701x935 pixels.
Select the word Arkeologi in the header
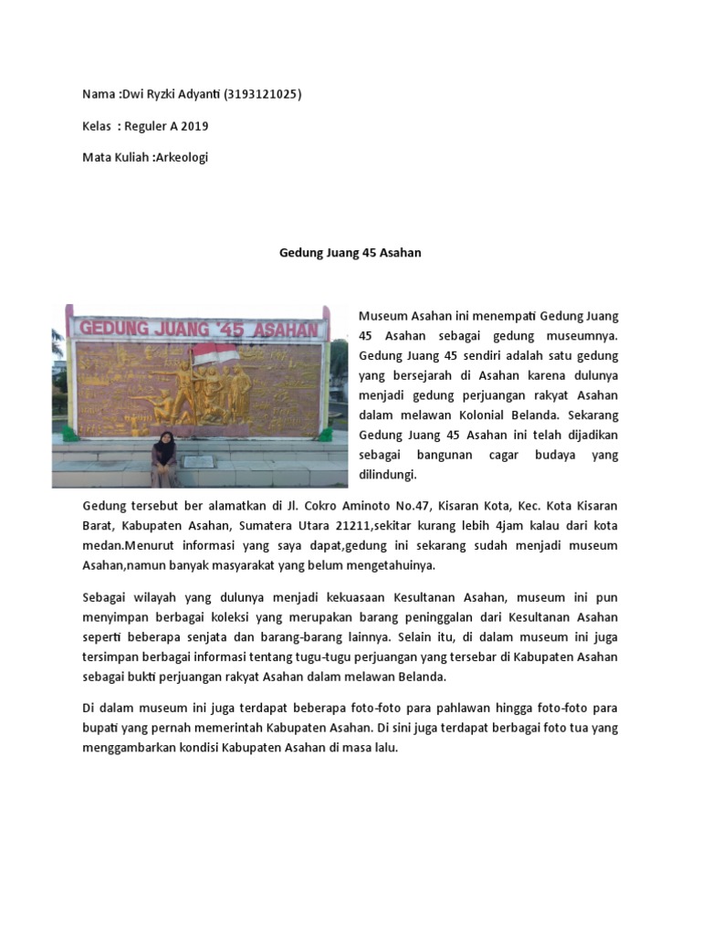(182, 157)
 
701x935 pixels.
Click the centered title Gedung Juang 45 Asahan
(350, 253)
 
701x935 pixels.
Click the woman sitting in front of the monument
(164, 458)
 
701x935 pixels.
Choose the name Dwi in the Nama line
(135, 95)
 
